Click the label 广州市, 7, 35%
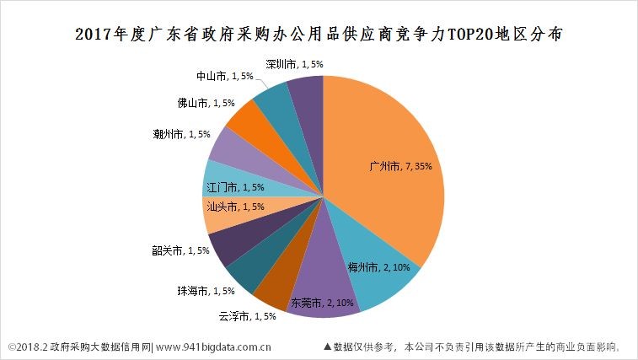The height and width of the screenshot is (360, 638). (401, 167)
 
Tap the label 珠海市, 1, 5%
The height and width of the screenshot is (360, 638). (206, 291)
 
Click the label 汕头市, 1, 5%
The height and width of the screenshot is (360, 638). (235, 207)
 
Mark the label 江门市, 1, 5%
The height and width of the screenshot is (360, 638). (235, 188)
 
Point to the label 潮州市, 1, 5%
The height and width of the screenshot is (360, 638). (181, 134)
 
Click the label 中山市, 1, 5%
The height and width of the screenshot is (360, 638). (224, 76)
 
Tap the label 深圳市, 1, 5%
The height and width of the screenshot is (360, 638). (294, 63)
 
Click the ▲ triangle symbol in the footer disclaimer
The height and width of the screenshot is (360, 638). (326, 346)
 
